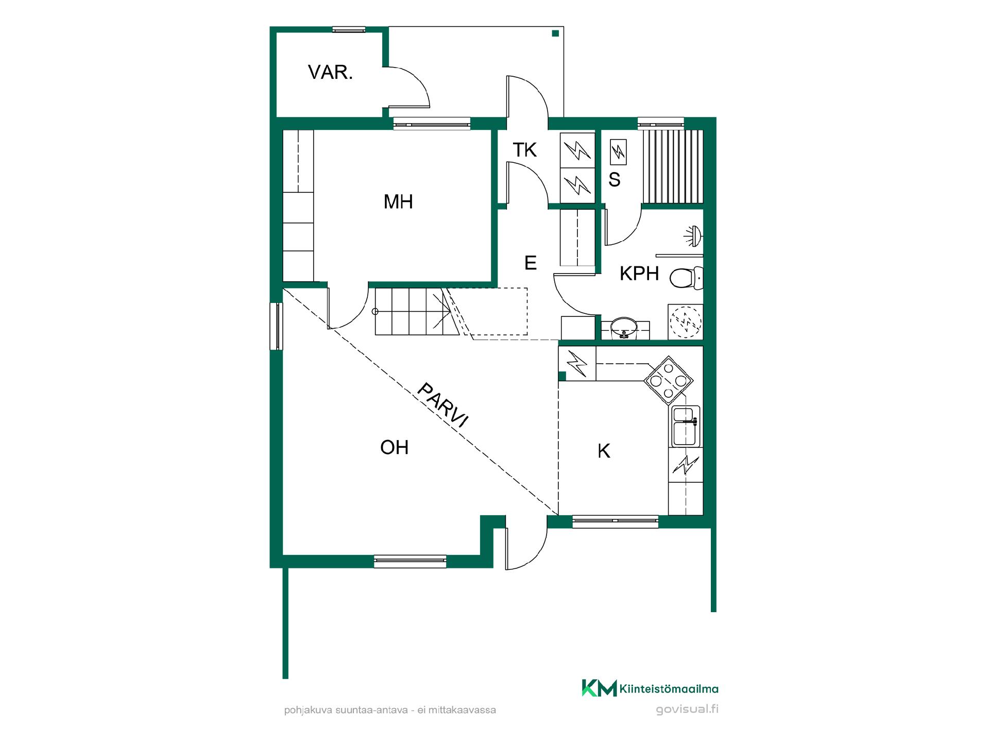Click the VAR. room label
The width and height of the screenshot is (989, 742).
(330, 73)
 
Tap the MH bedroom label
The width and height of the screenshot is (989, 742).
(398, 202)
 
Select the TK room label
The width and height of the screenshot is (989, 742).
(524, 150)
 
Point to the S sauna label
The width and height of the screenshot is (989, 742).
(614, 179)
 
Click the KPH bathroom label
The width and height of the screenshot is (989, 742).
(639, 274)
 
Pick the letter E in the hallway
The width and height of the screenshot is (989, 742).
(531, 263)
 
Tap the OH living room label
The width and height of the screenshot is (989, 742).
(394, 447)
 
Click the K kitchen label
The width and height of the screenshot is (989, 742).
(604, 451)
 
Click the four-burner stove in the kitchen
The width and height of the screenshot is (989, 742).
(668, 381)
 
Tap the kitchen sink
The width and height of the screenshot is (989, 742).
(686, 426)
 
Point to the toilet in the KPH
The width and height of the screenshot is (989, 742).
(686, 278)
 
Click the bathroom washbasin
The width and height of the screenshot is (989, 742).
(625, 328)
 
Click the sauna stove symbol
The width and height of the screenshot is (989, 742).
(618, 152)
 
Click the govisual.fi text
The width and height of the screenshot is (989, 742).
(687, 709)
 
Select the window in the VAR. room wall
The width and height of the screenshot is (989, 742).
(349, 30)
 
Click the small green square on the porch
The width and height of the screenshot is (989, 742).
(555, 33)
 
